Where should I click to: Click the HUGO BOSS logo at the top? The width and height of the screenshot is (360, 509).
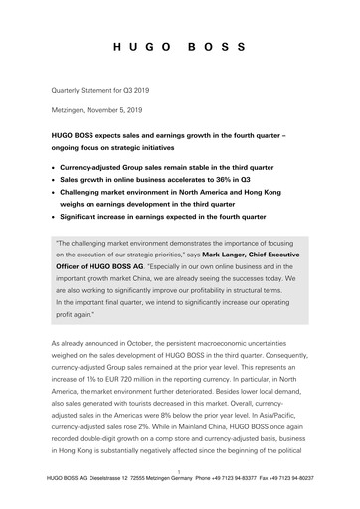(x=179, y=47)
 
